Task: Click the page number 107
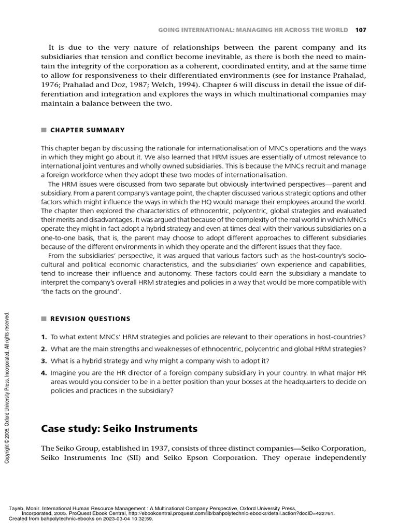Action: (360, 30)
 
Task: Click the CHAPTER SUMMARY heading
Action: (87, 130)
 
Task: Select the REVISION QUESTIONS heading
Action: (90, 319)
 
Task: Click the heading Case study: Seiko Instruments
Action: (119, 429)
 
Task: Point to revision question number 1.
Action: (44, 338)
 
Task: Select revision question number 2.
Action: (44, 348)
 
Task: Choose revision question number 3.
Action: (44, 360)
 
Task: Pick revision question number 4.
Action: (44, 372)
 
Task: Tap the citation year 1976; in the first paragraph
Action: (51, 85)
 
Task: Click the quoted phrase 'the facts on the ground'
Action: (81, 292)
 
